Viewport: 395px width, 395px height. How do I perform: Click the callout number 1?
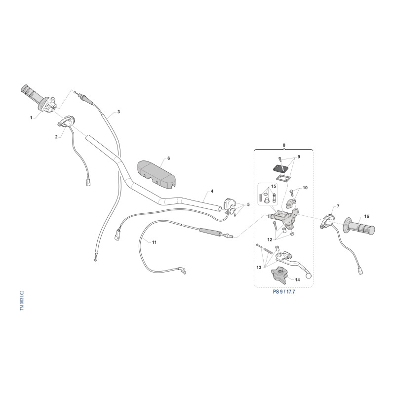pos(31,118)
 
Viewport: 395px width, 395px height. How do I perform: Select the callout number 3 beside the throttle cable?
pos(118,112)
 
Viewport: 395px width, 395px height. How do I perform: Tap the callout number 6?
pos(168,158)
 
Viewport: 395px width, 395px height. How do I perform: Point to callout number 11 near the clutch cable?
pos(154,242)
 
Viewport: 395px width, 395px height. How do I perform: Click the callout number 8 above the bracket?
pos(284,145)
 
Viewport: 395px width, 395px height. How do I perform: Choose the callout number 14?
pos(297,279)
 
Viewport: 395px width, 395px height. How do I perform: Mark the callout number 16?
pos(366,216)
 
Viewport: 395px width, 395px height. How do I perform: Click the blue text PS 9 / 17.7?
pos(284,292)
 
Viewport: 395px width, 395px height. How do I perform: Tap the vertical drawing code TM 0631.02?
pos(22,300)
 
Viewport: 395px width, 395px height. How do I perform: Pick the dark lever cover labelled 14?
pos(279,276)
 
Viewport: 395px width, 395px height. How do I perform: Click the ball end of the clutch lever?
pos(309,276)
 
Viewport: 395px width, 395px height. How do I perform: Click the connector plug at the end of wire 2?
pos(88,183)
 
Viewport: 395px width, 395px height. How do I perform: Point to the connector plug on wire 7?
pos(360,271)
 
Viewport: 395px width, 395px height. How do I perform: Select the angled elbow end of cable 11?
pos(183,270)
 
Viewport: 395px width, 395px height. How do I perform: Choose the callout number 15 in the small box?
pos(274,186)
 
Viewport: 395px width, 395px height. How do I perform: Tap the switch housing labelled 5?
pos(229,203)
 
